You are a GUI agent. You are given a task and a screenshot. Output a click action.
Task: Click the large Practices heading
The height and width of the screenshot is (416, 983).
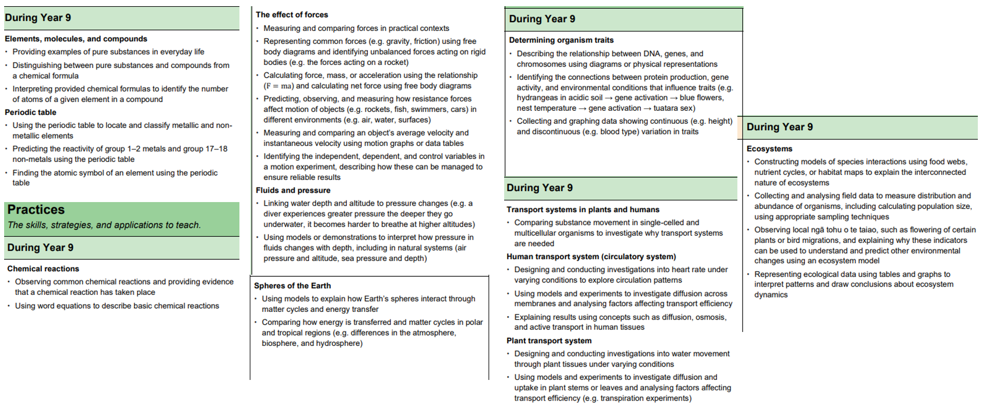pyautogui.click(x=36, y=210)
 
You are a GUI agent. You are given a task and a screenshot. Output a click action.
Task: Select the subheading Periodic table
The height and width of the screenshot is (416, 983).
pyautogui.click(x=30, y=112)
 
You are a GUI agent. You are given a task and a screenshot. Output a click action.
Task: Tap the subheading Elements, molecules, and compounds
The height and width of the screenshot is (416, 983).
pyautogui.click(x=76, y=39)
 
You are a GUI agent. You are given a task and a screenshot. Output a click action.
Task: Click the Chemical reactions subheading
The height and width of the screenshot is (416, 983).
pyautogui.click(x=43, y=269)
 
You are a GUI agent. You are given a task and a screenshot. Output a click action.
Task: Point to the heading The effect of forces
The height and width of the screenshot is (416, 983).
pyautogui.click(x=292, y=15)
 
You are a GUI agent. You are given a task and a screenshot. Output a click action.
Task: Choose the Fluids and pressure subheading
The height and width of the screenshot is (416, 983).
pyautogui.click(x=293, y=190)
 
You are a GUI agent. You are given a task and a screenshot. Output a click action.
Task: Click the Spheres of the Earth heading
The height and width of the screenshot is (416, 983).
pyautogui.click(x=292, y=286)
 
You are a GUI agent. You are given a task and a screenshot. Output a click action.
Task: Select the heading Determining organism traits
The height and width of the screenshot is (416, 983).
pyautogui.click(x=561, y=40)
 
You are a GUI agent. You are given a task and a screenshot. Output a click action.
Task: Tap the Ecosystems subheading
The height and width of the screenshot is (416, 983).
pyautogui.click(x=769, y=148)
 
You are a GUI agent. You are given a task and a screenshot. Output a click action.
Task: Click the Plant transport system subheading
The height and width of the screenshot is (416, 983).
pyautogui.click(x=549, y=341)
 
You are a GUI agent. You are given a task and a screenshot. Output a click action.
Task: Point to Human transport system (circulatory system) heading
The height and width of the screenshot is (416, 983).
pyautogui.click(x=591, y=257)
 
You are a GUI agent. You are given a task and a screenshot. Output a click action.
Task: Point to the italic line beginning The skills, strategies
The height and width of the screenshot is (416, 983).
pyautogui.click(x=104, y=225)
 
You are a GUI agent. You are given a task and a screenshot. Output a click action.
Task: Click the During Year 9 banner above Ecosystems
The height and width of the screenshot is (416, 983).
pyautogui.click(x=779, y=127)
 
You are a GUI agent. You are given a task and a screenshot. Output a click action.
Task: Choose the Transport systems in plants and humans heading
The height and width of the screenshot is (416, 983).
pyautogui.click(x=583, y=210)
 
